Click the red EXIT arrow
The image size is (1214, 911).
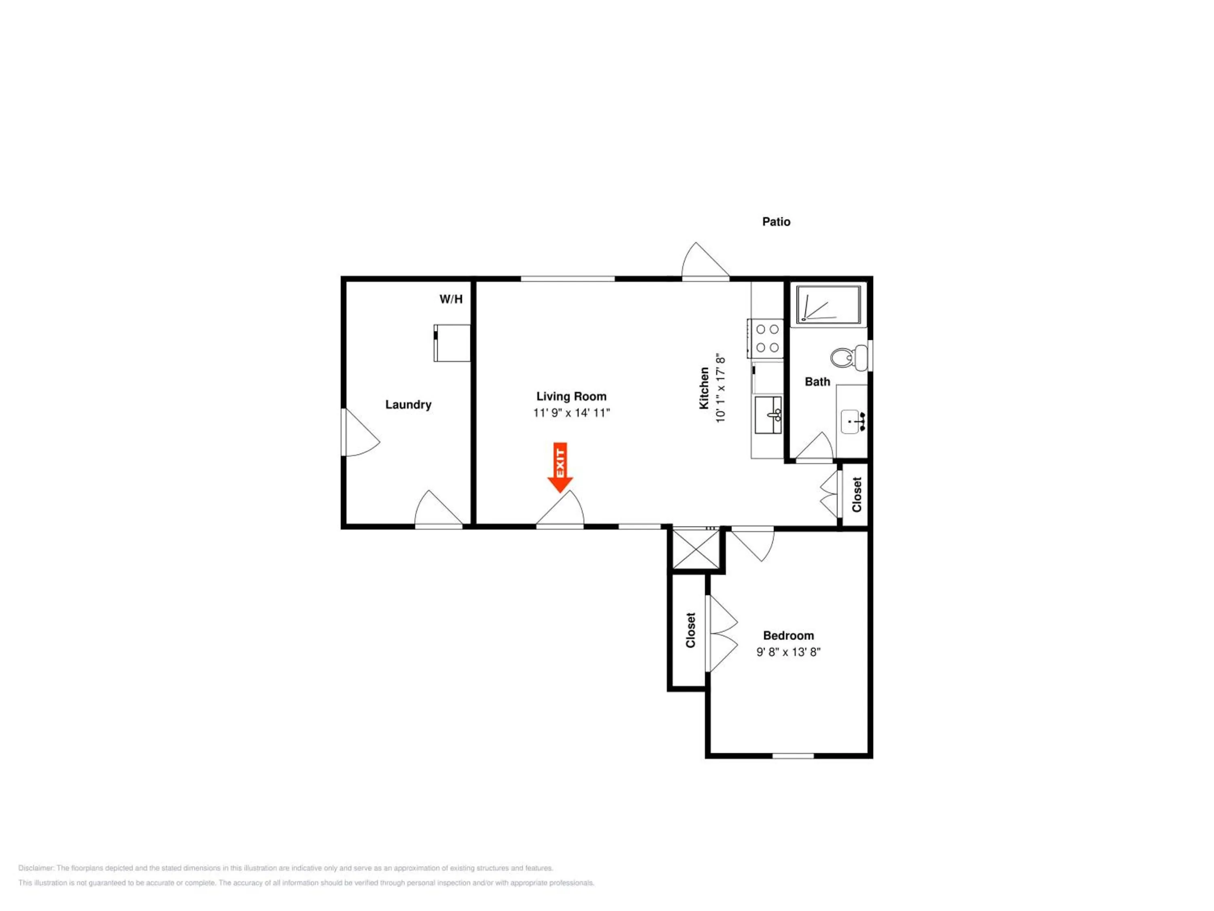(x=560, y=467)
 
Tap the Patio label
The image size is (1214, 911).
(x=776, y=222)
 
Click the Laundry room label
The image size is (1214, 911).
(x=408, y=405)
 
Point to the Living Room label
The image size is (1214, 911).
(x=571, y=396)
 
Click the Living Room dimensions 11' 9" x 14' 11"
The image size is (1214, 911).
(x=571, y=413)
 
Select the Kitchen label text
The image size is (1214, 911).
(x=704, y=388)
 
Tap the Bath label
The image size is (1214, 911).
(x=817, y=382)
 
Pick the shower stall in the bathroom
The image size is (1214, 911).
(x=829, y=304)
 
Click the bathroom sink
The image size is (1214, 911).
(x=853, y=421)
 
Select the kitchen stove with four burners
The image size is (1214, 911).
(x=766, y=338)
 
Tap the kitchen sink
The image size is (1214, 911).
(x=768, y=415)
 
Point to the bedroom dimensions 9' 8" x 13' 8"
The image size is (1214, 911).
(x=788, y=652)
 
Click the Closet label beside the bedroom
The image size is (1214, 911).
(x=690, y=630)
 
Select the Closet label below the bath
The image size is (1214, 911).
(x=857, y=494)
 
